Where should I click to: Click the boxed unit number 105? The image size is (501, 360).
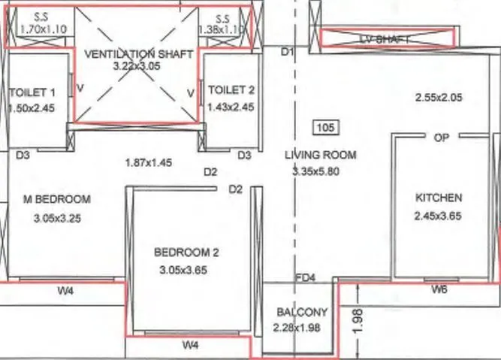[x=325, y=127]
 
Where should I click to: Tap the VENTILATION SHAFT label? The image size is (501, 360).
[x=139, y=54]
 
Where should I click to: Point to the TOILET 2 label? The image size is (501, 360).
[x=231, y=90]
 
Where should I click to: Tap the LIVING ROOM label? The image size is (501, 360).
[x=320, y=155]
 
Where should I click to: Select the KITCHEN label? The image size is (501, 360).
[x=439, y=198]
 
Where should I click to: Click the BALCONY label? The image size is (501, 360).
[x=302, y=312]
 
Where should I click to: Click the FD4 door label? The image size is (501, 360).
[x=306, y=278]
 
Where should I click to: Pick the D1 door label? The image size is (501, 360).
[x=286, y=52]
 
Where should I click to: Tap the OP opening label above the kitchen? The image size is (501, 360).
[x=441, y=138]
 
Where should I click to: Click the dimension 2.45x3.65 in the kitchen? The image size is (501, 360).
[x=439, y=216]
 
